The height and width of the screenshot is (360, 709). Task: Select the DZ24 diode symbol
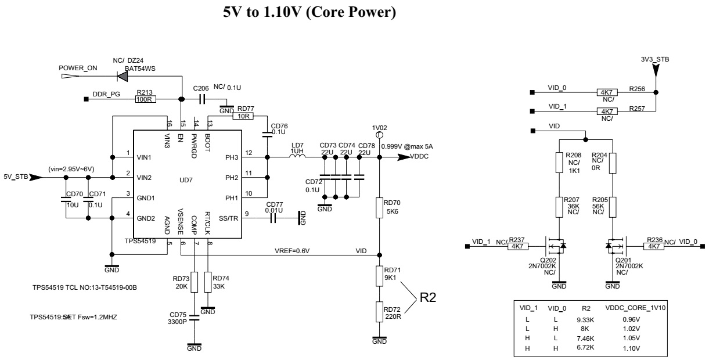point(123,75)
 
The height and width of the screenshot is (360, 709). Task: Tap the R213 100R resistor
point(143,99)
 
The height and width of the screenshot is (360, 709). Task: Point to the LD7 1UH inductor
point(297,157)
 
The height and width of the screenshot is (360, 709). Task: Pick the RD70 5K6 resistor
point(379,208)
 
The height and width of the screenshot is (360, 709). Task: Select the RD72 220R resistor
point(379,312)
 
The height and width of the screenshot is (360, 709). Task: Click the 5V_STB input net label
point(15,177)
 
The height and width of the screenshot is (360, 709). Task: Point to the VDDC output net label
point(420,157)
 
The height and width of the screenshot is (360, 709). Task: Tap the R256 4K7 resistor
point(606,92)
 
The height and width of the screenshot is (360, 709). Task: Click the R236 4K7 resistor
point(654,246)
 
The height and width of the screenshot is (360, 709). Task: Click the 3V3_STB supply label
point(654,59)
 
